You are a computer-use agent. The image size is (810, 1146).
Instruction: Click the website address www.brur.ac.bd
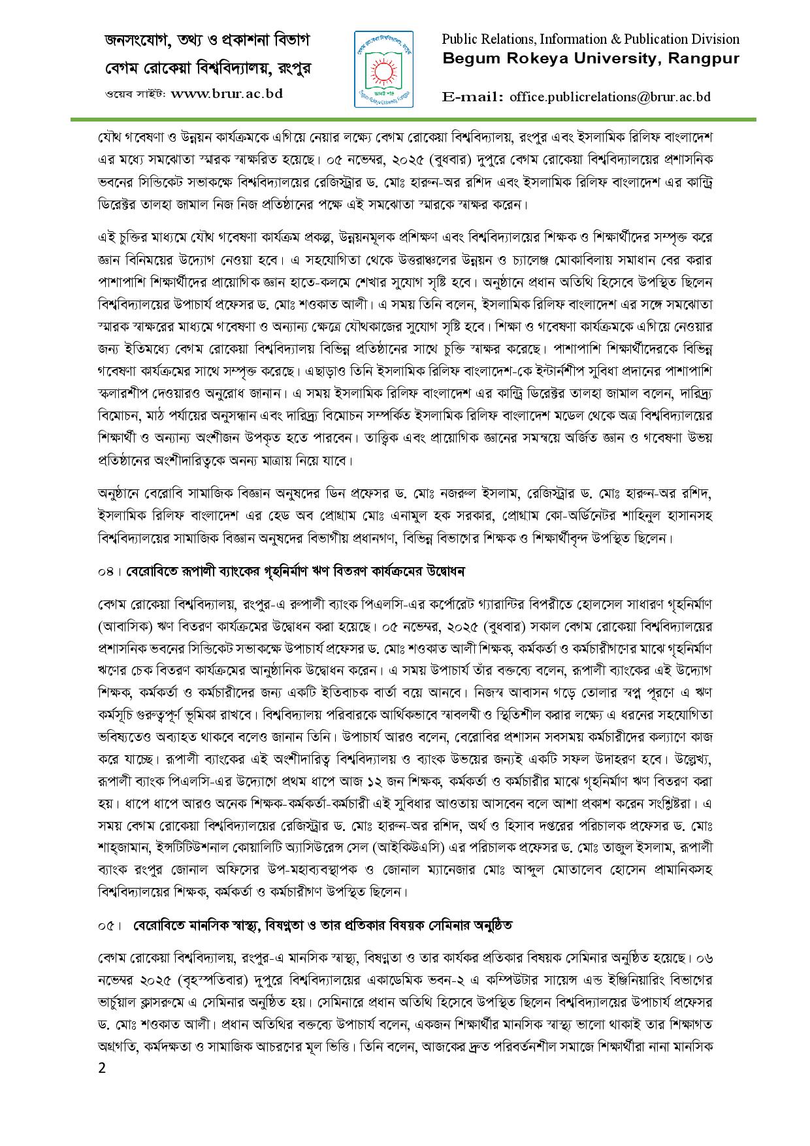[x=227, y=93]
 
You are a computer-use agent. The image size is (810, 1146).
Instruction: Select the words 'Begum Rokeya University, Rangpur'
[x=591, y=59]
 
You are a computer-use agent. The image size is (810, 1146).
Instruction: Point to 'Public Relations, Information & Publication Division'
[x=591, y=39]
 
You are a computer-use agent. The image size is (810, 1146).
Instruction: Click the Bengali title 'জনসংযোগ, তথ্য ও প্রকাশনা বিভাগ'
[x=207, y=40]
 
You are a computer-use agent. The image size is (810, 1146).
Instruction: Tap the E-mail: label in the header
[x=472, y=97]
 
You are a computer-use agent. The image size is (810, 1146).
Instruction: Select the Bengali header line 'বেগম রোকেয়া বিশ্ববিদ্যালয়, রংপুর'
[x=207, y=67]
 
